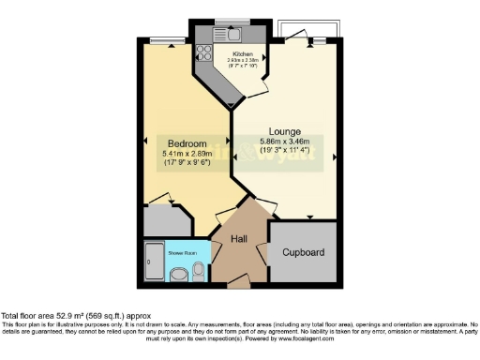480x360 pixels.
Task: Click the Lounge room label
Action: [284, 131]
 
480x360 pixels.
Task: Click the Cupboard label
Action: [303, 252]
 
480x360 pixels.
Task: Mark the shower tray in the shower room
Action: [154, 262]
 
